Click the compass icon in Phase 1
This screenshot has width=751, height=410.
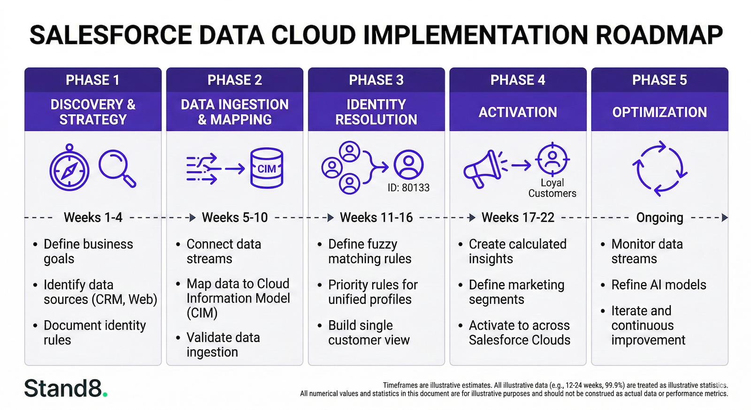[x=69, y=170]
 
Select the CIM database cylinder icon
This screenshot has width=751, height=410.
[x=267, y=168]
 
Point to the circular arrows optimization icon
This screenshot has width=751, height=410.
[x=659, y=168]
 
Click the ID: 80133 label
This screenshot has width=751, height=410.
[x=408, y=188]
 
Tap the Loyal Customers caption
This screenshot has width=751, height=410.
[x=552, y=188]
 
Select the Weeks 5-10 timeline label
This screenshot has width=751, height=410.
[x=235, y=217]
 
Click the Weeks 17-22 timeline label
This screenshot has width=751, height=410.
[x=518, y=217]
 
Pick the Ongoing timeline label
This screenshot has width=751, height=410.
[x=659, y=217]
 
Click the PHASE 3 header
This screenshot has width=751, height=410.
[x=376, y=80]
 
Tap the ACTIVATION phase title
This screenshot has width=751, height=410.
[x=518, y=112]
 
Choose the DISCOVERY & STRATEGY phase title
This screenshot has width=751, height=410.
[x=93, y=112]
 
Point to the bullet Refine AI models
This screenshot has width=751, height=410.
[x=658, y=285]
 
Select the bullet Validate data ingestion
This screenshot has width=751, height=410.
[x=223, y=345]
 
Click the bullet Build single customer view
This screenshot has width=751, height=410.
[x=368, y=333]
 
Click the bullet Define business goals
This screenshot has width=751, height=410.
[x=88, y=251]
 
